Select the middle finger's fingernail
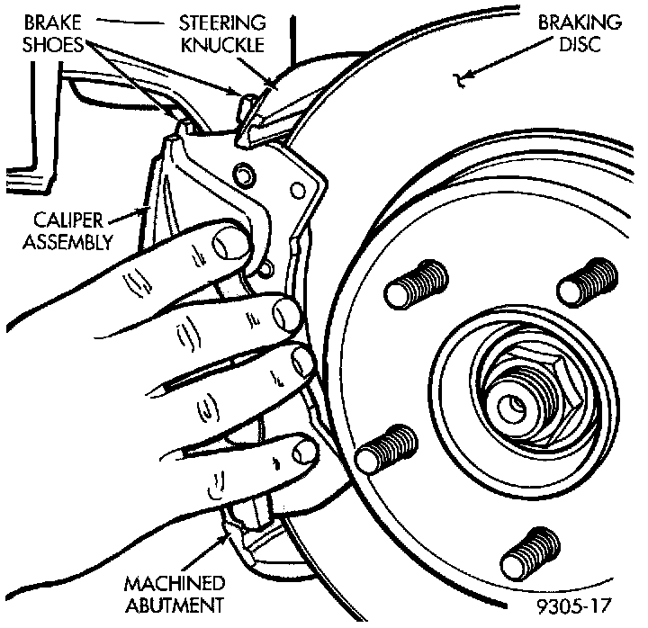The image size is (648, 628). click(x=303, y=363)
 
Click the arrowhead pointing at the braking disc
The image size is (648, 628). click(x=462, y=80)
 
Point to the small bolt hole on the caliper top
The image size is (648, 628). click(x=239, y=171)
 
